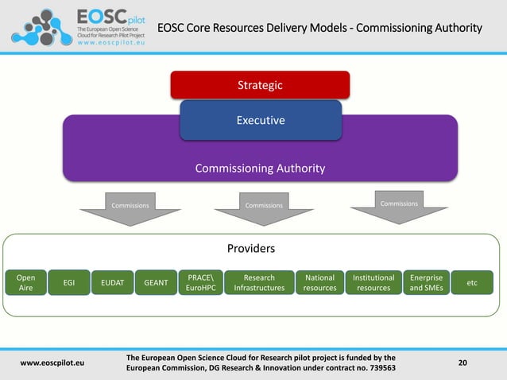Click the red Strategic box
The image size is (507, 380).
[x=260, y=84]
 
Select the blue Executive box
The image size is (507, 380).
[x=260, y=121]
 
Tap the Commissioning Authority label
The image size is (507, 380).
[x=260, y=169]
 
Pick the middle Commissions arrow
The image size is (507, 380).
[x=264, y=207]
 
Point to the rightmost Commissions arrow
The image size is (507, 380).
[x=399, y=205]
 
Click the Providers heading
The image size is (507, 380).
[x=251, y=249]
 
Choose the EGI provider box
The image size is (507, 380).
[x=68, y=283]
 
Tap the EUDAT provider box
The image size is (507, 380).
[x=112, y=283]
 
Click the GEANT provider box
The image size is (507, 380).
[x=155, y=283]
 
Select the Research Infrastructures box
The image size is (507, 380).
[x=259, y=283]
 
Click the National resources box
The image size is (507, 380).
[x=319, y=283]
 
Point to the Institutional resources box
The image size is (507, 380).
[x=373, y=283]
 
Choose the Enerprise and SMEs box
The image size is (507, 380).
[x=426, y=283]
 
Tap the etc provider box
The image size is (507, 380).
[x=472, y=283]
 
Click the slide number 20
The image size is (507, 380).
[x=463, y=363]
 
